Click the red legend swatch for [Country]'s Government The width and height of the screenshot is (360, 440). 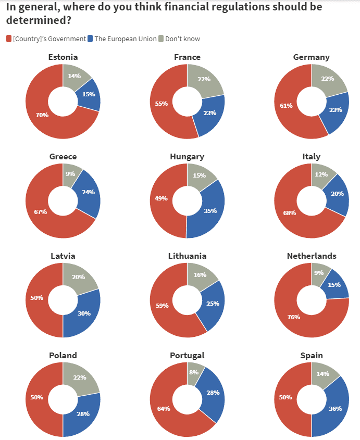[x=9, y=39]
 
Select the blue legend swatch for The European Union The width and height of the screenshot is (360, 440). [x=90, y=39]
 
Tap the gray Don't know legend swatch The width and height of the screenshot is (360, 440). [x=161, y=39]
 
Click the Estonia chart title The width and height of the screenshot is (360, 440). [x=63, y=57]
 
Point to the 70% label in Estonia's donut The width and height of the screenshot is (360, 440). [x=42, y=115]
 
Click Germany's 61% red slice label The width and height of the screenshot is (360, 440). [x=286, y=106]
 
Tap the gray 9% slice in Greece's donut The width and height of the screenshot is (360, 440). [x=71, y=174]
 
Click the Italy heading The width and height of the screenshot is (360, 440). [x=312, y=157]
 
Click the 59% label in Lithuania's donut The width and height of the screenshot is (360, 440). [x=162, y=306]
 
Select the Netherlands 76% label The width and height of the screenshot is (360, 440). [x=293, y=317]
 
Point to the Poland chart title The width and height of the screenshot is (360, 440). [x=63, y=356]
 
